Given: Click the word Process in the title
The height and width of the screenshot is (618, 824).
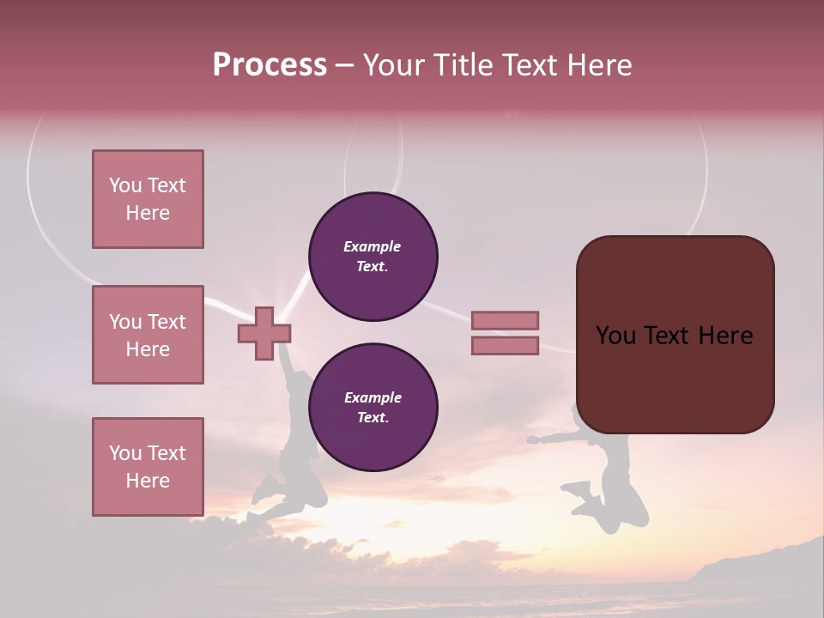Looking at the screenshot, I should pos(270,65).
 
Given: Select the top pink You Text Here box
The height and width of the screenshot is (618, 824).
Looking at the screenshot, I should pos(148,199).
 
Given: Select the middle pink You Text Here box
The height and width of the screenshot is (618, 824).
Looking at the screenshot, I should pos(148,335).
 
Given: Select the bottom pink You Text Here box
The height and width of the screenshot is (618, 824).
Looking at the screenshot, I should pos(148,466).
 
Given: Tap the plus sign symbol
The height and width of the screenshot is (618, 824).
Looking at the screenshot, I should pos(264,333).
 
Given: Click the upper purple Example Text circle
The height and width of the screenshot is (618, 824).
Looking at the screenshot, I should pos(373,257).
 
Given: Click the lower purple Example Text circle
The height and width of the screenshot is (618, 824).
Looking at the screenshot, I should pos(373,408).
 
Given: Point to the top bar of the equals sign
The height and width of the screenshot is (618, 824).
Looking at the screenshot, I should pos(505,321).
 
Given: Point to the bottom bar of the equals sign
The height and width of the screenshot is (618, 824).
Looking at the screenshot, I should pos(505,345).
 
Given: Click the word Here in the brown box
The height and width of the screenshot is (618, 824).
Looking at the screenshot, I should pos(725,336).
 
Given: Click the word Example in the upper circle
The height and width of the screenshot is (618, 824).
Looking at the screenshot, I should pos(373,246).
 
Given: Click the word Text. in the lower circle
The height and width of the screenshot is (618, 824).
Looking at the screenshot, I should pos(373,418).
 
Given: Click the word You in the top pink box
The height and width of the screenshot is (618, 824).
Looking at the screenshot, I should pos(125,185).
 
